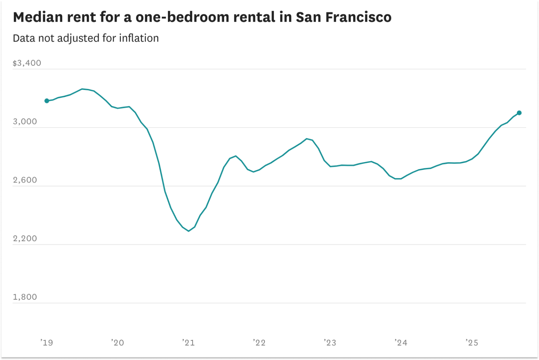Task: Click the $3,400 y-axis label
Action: pos(27,63)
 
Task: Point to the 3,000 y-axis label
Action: pos(25,122)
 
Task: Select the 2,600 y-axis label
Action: pos(25,180)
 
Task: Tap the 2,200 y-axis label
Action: pos(25,239)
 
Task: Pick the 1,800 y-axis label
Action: pos(25,297)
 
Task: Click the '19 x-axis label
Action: pos(46,343)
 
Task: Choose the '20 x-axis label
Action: pos(117,343)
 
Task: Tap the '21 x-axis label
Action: pos(188,343)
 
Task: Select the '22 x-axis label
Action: pos(259,343)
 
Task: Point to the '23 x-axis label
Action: pos(330,343)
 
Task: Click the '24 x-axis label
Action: pos(401,343)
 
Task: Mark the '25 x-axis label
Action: pos(471,343)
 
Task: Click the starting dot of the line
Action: pos(47,101)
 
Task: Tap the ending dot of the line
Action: pos(519,113)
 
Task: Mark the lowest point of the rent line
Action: pos(189,231)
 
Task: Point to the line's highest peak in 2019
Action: pos(82,89)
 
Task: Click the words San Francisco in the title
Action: pos(343,17)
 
